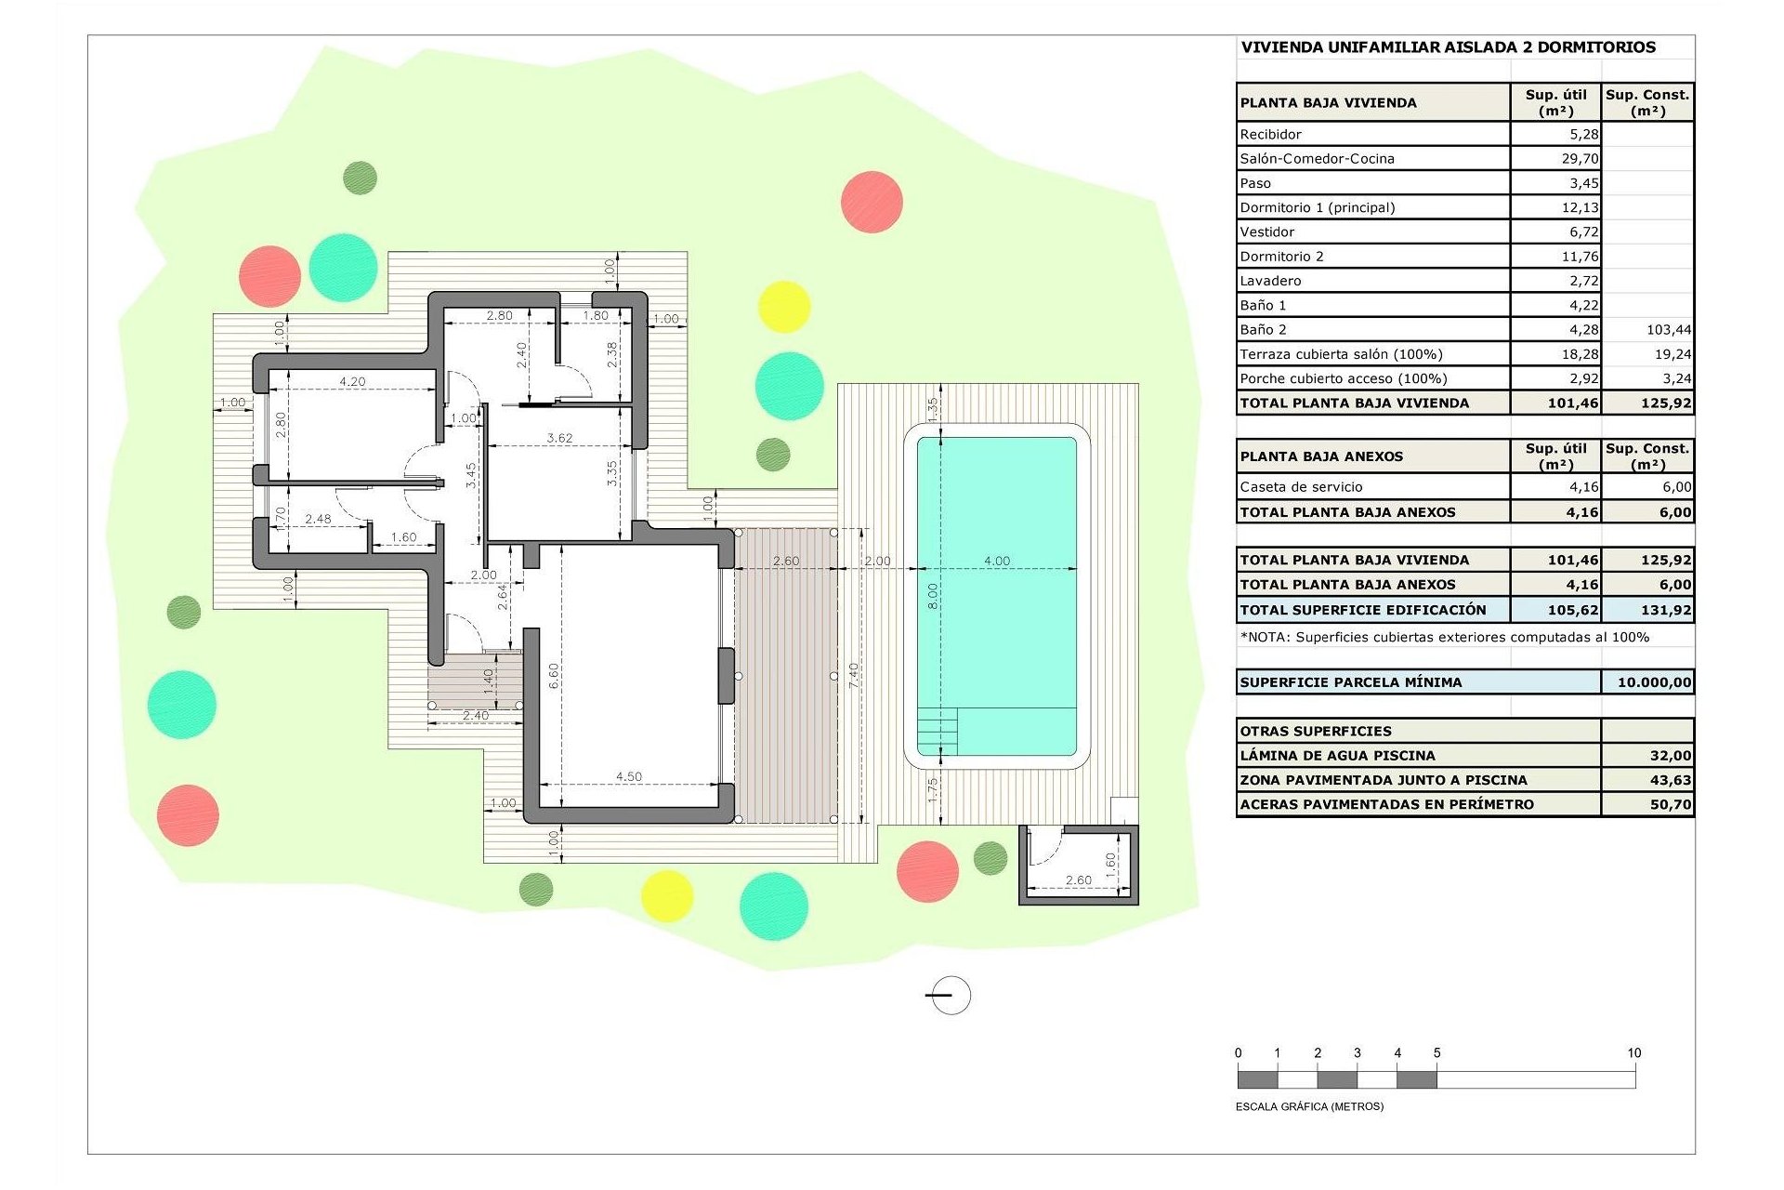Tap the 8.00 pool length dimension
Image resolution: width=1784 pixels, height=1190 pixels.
pyautogui.click(x=933, y=596)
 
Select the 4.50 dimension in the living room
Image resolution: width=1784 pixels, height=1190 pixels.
pyautogui.click(x=629, y=776)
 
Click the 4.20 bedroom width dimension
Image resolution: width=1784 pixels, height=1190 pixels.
pyautogui.click(x=352, y=381)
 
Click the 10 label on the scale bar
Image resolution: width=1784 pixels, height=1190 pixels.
pyautogui.click(x=1633, y=1053)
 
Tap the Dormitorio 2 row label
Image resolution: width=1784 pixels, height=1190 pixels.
pyautogui.click(x=1281, y=257)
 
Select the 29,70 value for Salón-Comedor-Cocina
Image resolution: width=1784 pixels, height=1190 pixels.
pyautogui.click(x=1580, y=159)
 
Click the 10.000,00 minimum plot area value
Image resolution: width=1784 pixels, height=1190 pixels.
pyautogui.click(x=1653, y=682)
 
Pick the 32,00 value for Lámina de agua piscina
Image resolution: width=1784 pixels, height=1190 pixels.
pyautogui.click(x=1670, y=756)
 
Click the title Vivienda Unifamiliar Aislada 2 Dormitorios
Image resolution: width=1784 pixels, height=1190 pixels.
pyautogui.click(x=1448, y=47)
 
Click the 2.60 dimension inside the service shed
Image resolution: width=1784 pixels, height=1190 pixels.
pyautogui.click(x=1078, y=879)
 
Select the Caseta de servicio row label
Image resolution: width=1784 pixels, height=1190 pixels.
pyautogui.click(x=1301, y=487)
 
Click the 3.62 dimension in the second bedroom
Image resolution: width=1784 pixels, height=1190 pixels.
pyautogui.click(x=559, y=438)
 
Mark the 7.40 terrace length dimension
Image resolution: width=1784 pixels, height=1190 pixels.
pyautogui.click(x=854, y=675)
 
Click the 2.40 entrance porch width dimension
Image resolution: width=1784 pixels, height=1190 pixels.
pyautogui.click(x=475, y=715)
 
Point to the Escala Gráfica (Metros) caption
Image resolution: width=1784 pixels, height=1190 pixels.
pyautogui.click(x=1309, y=1106)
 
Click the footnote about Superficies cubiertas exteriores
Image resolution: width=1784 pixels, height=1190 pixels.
pyautogui.click(x=1444, y=637)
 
